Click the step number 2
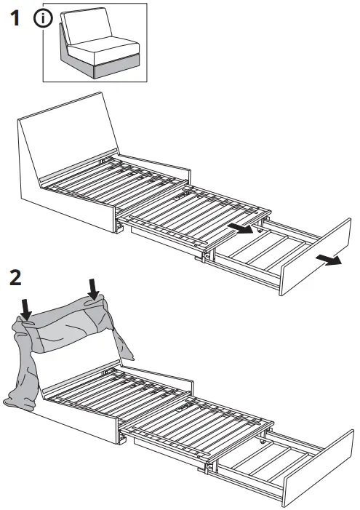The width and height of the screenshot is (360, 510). pyautogui.click(x=16, y=278)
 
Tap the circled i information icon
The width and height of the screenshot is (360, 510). pyautogui.click(x=42, y=21)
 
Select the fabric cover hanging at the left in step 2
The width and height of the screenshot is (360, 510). pyautogui.click(x=22, y=371)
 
